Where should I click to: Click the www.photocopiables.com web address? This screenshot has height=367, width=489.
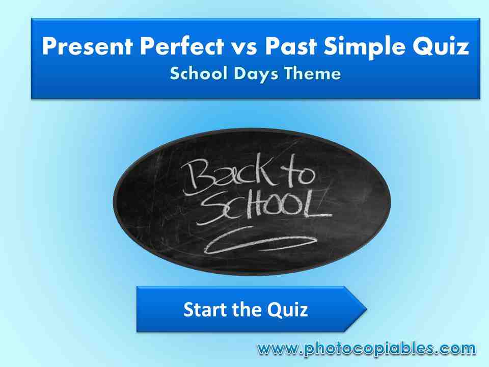point(367,349)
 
